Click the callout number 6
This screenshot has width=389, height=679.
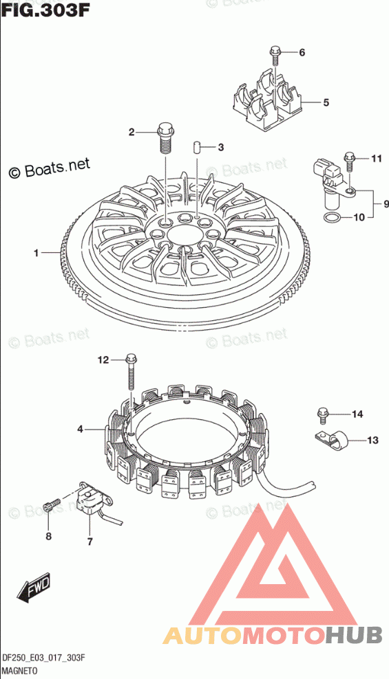[x=302, y=53]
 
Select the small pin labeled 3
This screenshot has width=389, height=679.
[x=196, y=146]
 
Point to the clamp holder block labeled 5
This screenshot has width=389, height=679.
[x=266, y=101]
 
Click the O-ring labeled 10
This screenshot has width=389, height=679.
[x=333, y=218]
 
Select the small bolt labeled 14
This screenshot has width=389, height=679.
[x=322, y=416]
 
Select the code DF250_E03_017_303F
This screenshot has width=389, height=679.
[x=43, y=658]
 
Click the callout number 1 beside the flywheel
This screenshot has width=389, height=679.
[x=37, y=253]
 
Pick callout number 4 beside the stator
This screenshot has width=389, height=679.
[x=81, y=430]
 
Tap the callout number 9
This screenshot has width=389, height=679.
[x=386, y=203]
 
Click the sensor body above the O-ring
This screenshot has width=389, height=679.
[x=333, y=184]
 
